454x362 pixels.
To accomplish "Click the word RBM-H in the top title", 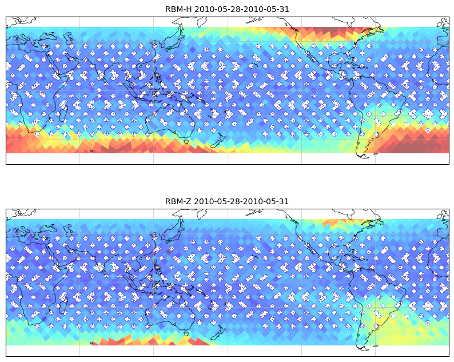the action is pyautogui.click(x=178, y=9).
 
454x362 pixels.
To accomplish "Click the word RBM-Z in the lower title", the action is pyautogui.click(x=178, y=201).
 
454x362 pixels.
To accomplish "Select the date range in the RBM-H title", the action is pyautogui.click(x=241, y=9).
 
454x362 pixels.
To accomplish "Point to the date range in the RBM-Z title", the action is pyautogui.click(x=241, y=201).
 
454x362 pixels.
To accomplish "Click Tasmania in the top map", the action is pyautogui.click(x=186, y=142).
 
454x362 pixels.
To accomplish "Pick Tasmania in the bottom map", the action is pyautogui.click(x=186, y=333).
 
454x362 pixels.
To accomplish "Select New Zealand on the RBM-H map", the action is pyautogui.click(x=218, y=141).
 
